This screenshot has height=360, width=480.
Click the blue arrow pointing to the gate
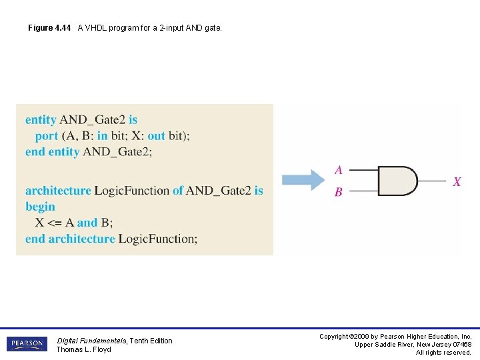pos(303,180)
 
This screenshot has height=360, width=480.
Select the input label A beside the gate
pos(339,170)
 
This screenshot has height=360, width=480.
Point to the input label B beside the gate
pos(339,192)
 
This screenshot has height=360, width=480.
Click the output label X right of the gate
pos(457,181)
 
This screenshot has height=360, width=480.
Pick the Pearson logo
pos(27,344)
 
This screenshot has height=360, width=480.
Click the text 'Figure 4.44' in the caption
pos(49,28)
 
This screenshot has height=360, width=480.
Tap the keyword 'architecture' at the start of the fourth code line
pos(58,191)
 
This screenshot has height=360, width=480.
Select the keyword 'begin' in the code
pos(40,207)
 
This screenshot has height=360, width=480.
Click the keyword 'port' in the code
pos(47,136)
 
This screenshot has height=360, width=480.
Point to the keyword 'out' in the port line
pos(156,136)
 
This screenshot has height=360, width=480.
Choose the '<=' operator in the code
pos(55,223)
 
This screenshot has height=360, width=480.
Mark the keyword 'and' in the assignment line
pos(87,223)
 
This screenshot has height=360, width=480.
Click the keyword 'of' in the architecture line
pos(177,191)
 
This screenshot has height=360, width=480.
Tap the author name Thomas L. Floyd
pos(83,349)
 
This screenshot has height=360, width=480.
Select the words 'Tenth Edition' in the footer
pos(150,341)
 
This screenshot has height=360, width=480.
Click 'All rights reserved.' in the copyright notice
pos(443,352)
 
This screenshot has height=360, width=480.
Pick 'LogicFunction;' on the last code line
pos(158,239)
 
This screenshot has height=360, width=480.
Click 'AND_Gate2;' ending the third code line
pos(117,152)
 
